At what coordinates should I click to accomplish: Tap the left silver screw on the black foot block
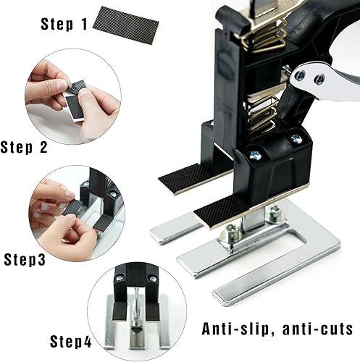click(x=255, y=154)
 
